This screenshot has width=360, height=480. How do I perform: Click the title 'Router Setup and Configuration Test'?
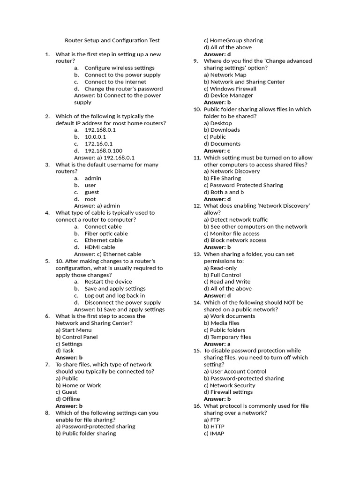[112, 40]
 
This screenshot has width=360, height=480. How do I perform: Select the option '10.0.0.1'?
[95, 137]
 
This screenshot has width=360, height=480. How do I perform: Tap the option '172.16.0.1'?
[98, 144]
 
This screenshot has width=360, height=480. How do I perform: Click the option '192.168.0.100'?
[103, 151]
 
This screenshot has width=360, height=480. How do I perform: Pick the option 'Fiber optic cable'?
[106, 233]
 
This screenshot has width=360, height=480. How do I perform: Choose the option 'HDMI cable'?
[99, 247]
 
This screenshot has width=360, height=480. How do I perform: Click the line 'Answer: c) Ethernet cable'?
[107, 254]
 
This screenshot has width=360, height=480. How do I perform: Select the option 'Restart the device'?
[105, 282]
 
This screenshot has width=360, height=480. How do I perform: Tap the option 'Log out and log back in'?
[114, 295]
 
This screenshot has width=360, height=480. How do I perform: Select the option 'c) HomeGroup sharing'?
[233, 40]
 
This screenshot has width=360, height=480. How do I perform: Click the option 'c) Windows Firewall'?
[230, 89]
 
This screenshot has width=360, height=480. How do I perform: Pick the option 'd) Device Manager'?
[228, 96]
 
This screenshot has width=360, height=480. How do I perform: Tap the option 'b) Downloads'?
[222, 130]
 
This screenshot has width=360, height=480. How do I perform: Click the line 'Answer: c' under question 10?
[217, 151]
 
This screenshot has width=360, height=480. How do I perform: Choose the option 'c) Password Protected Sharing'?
[243, 185]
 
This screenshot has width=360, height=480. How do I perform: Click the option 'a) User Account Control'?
[235, 371]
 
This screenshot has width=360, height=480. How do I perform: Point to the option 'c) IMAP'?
[214, 434]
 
